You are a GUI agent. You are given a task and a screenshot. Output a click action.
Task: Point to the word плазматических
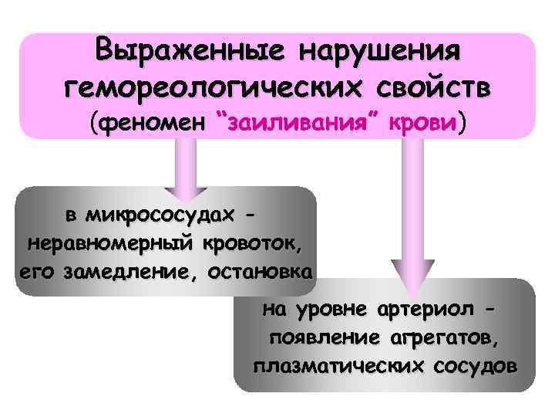pyautogui.click(x=339, y=364)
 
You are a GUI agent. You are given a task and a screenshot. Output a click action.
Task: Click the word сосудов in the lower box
pyautogui.click(x=475, y=364)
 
